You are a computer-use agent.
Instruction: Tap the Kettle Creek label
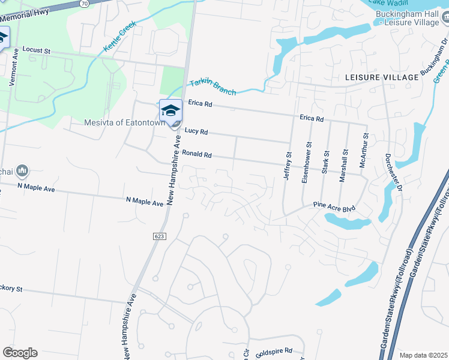[x=120, y=37]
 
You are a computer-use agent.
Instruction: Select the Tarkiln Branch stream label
[x=212, y=87]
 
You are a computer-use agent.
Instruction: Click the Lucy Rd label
[x=196, y=131]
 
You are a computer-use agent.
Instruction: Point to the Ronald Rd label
[x=197, y=154]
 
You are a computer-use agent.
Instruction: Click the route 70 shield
[x=85, y=3]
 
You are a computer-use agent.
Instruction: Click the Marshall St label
[x=345, y=161]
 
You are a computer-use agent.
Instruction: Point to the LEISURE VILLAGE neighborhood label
[x=382, y=78]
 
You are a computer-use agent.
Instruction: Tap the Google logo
[x=20, y=353]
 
